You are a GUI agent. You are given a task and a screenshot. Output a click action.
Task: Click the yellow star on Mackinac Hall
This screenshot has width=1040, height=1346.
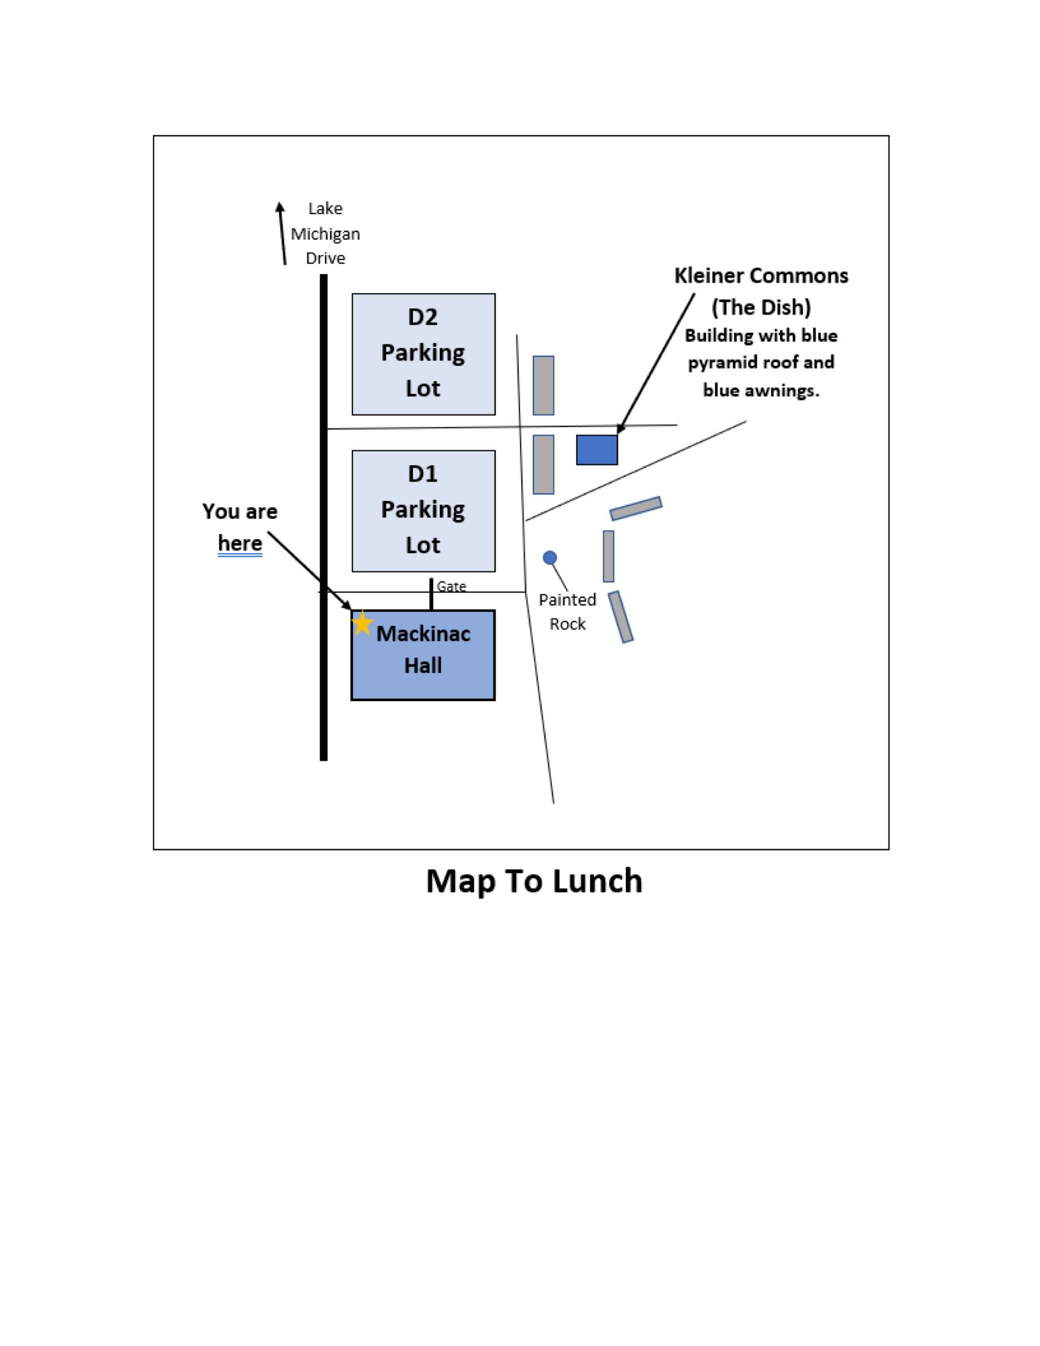[362, 623]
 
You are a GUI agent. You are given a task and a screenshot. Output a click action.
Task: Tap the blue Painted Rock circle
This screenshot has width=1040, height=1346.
[549, 558]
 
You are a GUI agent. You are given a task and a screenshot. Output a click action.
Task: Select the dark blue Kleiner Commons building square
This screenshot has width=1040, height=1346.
[596, 450]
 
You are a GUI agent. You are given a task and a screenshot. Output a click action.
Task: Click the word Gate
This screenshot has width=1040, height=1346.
[451, 586]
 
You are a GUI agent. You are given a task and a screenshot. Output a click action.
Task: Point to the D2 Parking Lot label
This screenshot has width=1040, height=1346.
[423, 352]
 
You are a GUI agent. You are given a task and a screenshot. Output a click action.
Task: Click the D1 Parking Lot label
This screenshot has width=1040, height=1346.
[423, 509]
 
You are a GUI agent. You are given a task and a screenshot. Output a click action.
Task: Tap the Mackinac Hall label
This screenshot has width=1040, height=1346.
[423, 650]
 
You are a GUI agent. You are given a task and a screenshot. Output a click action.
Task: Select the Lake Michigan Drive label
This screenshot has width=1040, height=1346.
[325, 233]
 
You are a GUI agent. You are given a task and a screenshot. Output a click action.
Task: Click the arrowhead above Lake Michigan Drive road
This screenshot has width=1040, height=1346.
[280, 207]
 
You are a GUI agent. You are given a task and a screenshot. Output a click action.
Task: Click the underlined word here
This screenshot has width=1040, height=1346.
[240, 543]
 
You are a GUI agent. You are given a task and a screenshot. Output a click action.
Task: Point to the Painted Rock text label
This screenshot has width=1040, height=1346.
[568, 611]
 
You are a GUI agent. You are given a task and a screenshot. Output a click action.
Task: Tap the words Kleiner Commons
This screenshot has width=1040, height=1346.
[761, 275]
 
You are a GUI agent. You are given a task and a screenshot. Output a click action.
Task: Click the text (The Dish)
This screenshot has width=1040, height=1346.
[761, 307]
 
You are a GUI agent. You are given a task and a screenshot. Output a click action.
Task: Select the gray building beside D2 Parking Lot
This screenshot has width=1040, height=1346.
[543, 385]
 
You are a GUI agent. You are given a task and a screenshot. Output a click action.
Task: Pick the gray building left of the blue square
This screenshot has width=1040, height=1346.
[543, 464]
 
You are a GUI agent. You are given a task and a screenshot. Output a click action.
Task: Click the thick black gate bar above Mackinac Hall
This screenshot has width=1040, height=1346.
[431, 593]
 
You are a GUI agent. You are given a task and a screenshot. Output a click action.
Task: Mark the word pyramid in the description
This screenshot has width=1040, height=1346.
[722, 362]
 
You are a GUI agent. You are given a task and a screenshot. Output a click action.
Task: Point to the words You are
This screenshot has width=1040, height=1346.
[240, 511]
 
